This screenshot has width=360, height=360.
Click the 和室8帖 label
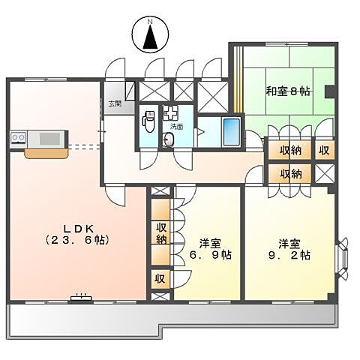(287, 91)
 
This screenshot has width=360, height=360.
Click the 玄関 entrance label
(114, 103)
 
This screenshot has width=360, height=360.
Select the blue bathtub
(232, 133)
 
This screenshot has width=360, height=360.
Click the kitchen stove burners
(19, 138)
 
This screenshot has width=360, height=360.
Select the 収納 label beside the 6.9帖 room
(160, 232)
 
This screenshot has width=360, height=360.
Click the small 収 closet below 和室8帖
(324, 149)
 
